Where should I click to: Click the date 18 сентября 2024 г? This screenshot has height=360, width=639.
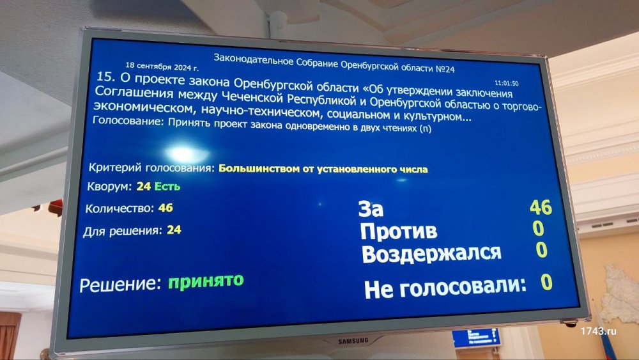tap(162, 67)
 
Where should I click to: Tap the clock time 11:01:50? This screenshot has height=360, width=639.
tap(507, 83)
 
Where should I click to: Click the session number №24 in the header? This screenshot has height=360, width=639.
tap(445, 68)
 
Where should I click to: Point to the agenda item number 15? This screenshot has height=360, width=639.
tap(102, 76)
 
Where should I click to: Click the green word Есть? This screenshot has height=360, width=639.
tap(167, 186)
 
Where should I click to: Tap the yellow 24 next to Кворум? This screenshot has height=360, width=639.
tap(143, 186)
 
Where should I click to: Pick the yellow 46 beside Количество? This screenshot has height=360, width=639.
tap(166, 208)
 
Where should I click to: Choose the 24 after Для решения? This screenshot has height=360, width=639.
tap(174, 230)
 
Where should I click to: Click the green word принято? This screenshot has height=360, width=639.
tap(206, 281)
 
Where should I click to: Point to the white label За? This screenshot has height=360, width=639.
tap(371, 208)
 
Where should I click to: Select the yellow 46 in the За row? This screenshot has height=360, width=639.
tap(541, 207)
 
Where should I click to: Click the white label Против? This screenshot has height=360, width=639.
tap(399, 231)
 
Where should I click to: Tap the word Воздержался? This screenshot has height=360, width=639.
tap(431, 254)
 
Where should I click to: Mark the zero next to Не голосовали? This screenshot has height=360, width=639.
tap(546, 282)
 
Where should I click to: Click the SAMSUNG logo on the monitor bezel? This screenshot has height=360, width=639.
tap(353, 340)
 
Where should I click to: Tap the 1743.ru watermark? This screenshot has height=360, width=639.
tap(599, 331)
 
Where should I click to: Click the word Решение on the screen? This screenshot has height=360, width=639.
tap(120, 285)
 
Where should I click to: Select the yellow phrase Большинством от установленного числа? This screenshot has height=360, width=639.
tap(323, 169)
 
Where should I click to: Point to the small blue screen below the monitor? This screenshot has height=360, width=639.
tap(476, 338)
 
